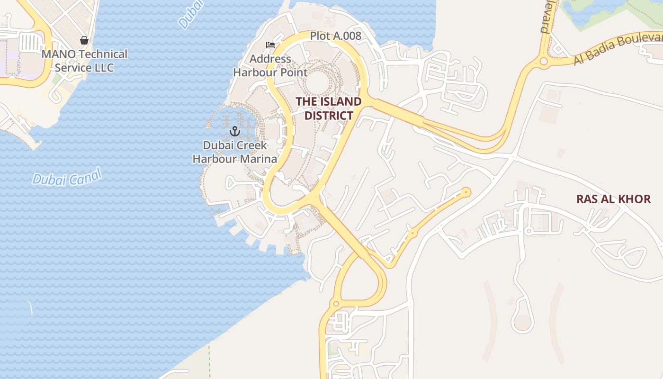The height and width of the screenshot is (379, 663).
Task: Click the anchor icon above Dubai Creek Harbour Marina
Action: pyautogui.click(x=235, y=131)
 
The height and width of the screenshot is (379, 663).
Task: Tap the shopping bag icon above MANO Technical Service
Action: pyautogui.click(x=84, y=41)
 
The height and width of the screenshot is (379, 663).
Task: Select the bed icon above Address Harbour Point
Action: pyautogui.click(x=270, y=45)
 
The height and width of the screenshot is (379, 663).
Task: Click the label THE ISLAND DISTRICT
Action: pyautogui.click(x=329, y=108)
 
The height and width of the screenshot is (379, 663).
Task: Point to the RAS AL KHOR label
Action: pyautogui.click(x=613, y=199)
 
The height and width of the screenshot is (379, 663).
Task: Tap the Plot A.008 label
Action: pyautogui.click(x=335, y=36)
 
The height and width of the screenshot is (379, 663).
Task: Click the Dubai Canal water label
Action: pyautogui.click(x=67, y=179)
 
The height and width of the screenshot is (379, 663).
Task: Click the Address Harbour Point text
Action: pyautogui.click(x=270, y=66)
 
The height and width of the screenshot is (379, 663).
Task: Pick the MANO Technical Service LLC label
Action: pyautogui.click(x=84, y=61)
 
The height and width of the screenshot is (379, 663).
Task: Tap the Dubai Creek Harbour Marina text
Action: pyautogui.click(x=235, y=152)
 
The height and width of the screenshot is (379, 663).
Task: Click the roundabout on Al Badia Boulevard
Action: pyautogui.click(x=543, y=61)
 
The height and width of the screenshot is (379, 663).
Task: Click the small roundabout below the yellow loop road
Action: pyautogui.click(x=336, y=303)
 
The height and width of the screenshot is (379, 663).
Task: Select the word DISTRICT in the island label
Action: pyautogui.click(x=329, y=116)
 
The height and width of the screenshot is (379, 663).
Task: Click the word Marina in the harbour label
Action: pyautogui.click(x=257, y=159)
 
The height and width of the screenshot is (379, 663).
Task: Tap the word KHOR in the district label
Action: pyautogui.click(x=636, y=199)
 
